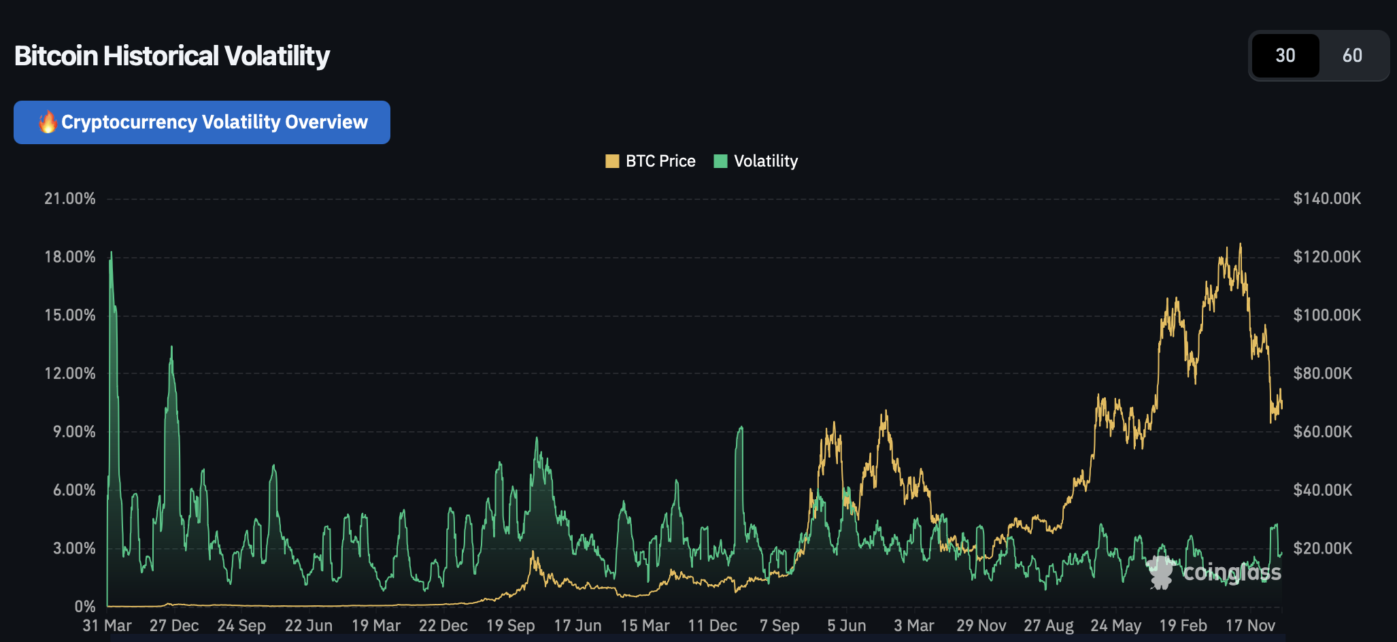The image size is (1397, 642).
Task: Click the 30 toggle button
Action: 1285,56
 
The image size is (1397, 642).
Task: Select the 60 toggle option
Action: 1352,56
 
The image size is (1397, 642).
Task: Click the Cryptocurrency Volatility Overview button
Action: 202,122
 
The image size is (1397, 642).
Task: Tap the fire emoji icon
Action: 48,122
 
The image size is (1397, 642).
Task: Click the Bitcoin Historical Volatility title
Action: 172,56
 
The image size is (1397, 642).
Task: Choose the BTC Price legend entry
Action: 650,161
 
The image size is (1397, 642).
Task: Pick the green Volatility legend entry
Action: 756,161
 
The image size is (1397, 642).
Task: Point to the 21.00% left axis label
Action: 70,199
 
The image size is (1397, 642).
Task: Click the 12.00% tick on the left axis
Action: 70,373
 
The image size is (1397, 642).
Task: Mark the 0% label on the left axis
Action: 85,607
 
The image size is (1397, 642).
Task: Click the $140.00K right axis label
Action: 1327,199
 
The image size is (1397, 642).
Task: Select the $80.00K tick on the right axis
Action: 1323,373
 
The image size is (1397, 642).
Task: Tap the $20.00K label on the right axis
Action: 1323,548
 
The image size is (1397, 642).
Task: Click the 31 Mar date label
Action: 107,626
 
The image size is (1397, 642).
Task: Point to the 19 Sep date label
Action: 511,626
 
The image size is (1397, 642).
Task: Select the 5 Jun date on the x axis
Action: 847,626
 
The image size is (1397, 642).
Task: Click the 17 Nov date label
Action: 1250,626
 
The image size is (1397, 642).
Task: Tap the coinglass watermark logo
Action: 1214,572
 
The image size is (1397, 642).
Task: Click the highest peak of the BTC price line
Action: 1241,244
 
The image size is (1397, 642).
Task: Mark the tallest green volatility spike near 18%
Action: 112,253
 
